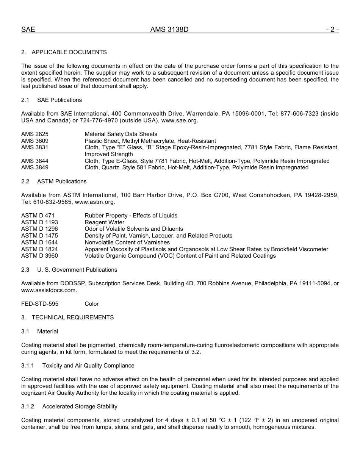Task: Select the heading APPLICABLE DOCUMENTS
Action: pos(69,52)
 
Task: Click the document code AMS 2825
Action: pos(35,134)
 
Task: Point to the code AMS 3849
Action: pos(35,167)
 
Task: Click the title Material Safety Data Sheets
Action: pos(121,134)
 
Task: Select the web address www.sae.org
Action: pos(179,120)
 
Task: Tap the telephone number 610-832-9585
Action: pos(51,202)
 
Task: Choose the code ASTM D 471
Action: pos(38,216)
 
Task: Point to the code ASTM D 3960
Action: pos(39,256)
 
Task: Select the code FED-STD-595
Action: pos(40,304)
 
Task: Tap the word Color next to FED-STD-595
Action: pos(92,304)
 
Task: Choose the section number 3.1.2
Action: pos(28,407)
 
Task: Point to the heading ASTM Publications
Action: pos(62,181)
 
